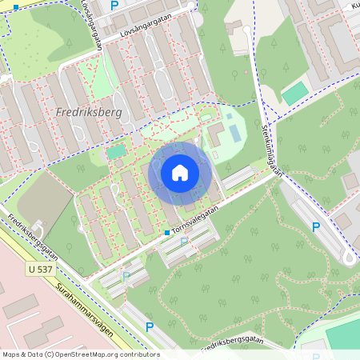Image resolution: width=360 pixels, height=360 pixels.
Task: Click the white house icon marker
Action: tap(180, 172)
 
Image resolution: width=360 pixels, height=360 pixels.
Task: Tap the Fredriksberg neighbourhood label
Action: tap(90, 113)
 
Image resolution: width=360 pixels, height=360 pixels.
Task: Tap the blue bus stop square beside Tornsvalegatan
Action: tap(166, 232)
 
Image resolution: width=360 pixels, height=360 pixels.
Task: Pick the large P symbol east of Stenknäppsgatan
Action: tap(316, 227)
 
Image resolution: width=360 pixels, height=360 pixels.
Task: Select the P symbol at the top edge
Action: tap(114, 5)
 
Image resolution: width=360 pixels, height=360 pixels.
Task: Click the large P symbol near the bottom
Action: tap(150, 326)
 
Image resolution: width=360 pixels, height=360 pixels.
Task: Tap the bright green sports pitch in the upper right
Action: tap(294, 93)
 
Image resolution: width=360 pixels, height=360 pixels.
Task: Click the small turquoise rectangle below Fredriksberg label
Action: tap(117, 150)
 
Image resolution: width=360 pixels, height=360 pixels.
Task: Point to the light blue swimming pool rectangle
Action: tap(232, 128)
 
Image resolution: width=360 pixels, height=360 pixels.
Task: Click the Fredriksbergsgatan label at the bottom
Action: tap(232, 342)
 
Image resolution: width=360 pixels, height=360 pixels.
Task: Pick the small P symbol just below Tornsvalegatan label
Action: tap(185, 240)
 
